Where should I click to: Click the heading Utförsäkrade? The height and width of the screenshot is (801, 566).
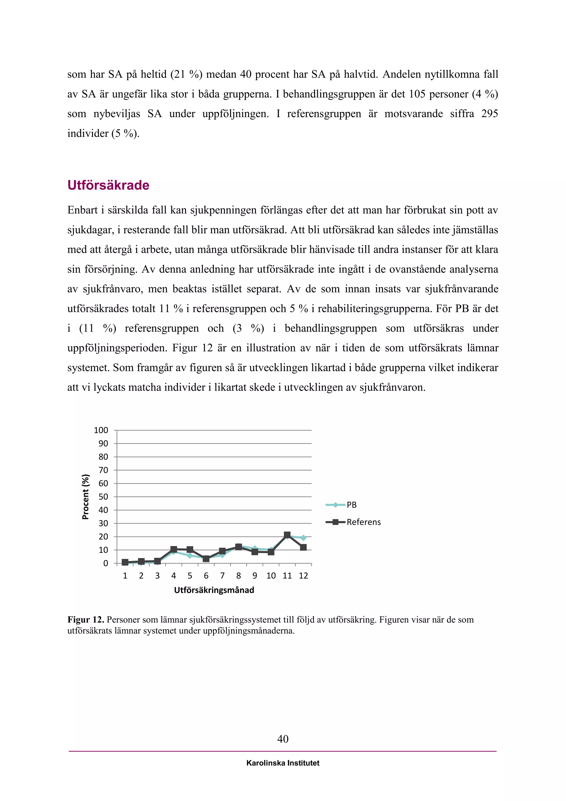coord(108,185)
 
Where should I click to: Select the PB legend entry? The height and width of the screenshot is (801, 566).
coord(351,505)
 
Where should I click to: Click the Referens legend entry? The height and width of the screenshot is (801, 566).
coord(363,522)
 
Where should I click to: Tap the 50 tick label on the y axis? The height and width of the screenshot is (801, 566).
coord(103,497)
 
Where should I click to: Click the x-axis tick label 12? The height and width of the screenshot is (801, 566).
coord(303,576)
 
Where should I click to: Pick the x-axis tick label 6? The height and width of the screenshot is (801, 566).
coord(206,576)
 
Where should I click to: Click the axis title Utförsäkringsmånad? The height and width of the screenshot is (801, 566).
coord(214,590)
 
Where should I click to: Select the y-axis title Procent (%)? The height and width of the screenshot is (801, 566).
coord(85,497)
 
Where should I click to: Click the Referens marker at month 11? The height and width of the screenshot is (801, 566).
coord(287,535)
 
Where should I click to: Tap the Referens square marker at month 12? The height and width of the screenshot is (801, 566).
coord(303,547)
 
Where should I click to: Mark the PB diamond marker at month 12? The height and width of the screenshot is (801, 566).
coord(303,538)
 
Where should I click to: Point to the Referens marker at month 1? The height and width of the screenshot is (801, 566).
coord(125,562)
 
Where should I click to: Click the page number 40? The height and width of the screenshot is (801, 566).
coord(283,738)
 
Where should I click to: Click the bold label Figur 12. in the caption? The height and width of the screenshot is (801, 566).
coord(86,620)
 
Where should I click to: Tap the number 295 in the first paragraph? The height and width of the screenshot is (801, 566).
coord(489,114)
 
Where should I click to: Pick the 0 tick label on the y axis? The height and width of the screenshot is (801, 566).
coord(106,563)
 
